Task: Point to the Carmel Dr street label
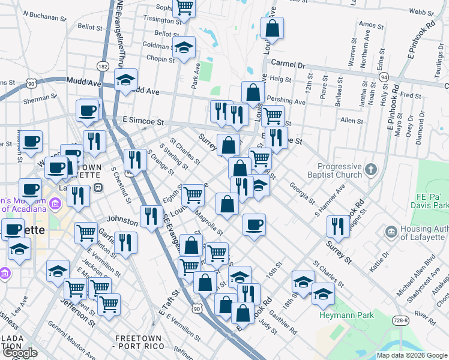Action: pos(288,64)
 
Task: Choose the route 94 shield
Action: pos(384,77)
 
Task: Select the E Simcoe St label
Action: pos(143,121)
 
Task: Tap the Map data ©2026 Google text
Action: pos(412,355)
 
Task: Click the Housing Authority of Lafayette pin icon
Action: pos(391,231)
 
